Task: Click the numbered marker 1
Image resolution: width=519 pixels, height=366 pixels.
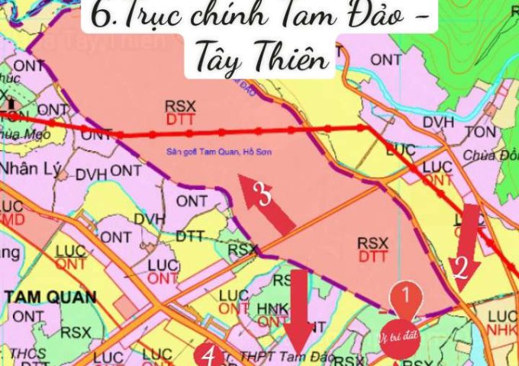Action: tap(406, 293)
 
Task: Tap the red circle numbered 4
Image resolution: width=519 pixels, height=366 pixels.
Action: tap(208, 355)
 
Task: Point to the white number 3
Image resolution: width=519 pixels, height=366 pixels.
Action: tap(261, 196)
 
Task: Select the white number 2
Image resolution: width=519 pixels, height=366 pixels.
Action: tap(459, 267)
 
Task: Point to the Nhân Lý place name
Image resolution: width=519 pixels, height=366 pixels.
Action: tap(31, 168)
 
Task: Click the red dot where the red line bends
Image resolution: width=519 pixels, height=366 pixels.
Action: tap(363, 128)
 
